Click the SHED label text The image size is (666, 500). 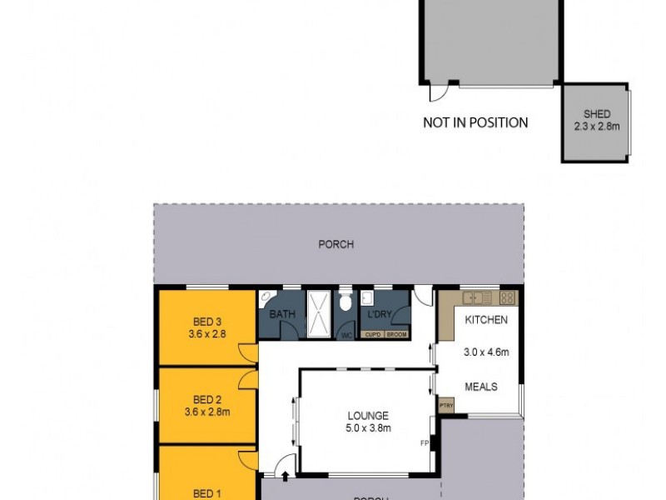[x=597, y=114]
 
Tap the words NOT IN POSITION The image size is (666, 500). [x=475, y=122]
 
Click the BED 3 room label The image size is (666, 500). [x=207, y=321]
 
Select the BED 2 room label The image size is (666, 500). [x=207, y=398]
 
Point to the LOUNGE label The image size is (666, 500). [x=367, y=416]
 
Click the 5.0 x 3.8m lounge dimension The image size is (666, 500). [x=367, y=428]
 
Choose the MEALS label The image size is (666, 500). [x=480, y=387]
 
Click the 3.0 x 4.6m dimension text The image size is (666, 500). [x=485, y=352]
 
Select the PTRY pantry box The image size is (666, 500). [x=446, y=406]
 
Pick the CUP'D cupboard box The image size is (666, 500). [x=371, y=334]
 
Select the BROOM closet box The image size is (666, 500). [x=396, y=334]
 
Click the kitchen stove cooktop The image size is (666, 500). [x=508, y=297]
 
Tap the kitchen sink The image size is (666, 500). [x=477, y=297]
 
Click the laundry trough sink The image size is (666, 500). [x=367, y=298]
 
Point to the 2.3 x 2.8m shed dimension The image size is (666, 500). [x=597, y=127]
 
